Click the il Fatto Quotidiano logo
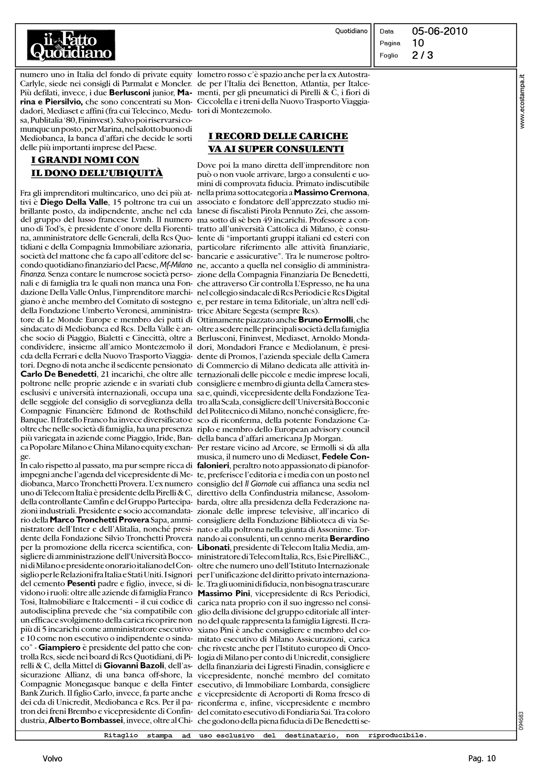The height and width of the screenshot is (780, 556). [71, 45]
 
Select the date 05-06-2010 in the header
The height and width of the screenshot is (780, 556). [440, 32]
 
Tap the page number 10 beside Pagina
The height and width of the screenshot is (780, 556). [418, 43]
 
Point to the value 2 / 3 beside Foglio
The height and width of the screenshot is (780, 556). [423, 55]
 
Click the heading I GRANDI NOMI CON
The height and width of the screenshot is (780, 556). [85, 160]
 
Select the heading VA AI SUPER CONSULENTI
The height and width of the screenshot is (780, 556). [276, 149]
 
